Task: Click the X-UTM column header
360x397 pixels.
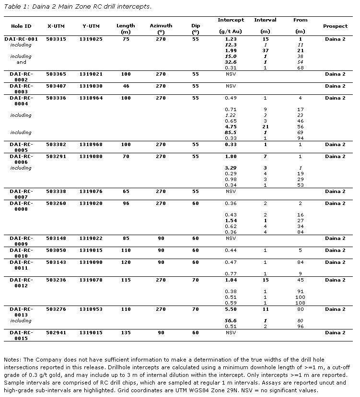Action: (56, 26)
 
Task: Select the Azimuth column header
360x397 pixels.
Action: (161, 26)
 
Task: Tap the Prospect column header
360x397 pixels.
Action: (335, 26)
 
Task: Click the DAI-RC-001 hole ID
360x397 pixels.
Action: (21, 39)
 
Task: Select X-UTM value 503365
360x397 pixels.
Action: (56, 74)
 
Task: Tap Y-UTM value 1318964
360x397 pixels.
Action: (91, 98)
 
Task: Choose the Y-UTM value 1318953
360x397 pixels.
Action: (91, 309)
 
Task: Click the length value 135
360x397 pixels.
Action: (126, 332)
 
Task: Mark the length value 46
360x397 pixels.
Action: (126, 86)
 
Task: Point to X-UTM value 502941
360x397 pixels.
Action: (56, 332)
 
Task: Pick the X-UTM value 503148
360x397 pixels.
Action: (56, 238)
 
